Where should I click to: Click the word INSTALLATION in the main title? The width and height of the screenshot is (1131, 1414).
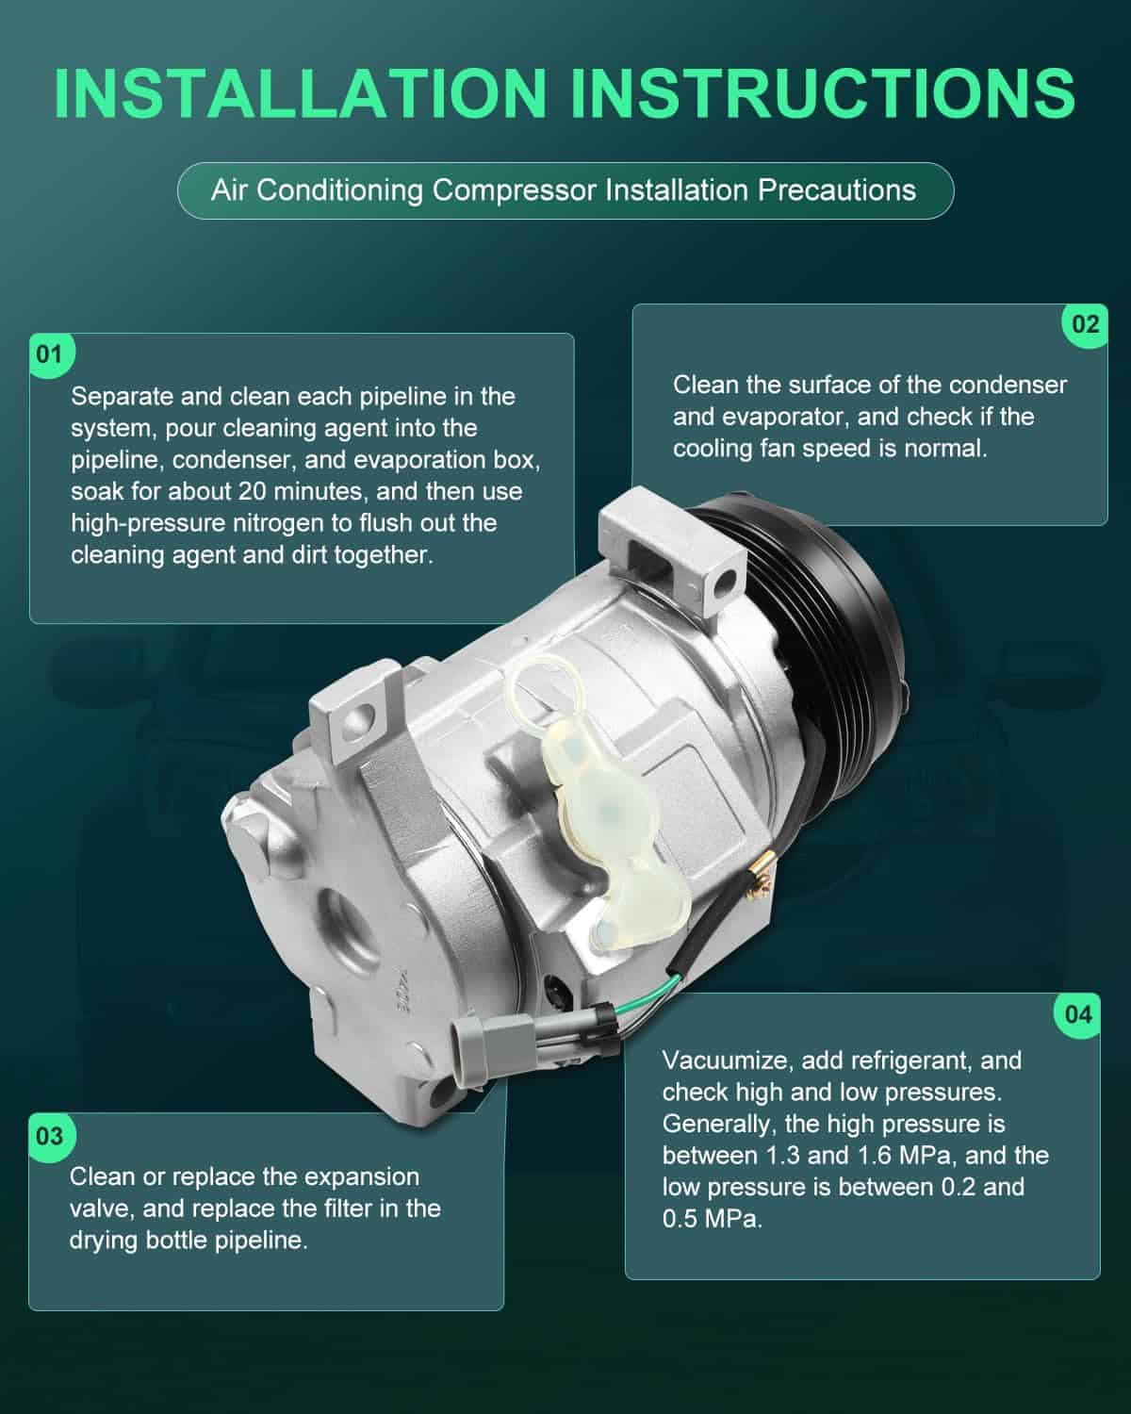[x=301, y=93]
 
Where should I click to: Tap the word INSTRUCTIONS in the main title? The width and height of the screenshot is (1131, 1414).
[x=823, y=93]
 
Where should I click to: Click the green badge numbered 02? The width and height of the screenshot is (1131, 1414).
[x=1085, y=324]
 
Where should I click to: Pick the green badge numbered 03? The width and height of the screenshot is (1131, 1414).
[x=52, y=1136]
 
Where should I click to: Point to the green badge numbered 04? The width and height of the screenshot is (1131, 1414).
[x=1077, y=1015]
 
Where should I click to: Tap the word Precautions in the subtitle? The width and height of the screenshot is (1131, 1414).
[x=836, y=190]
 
